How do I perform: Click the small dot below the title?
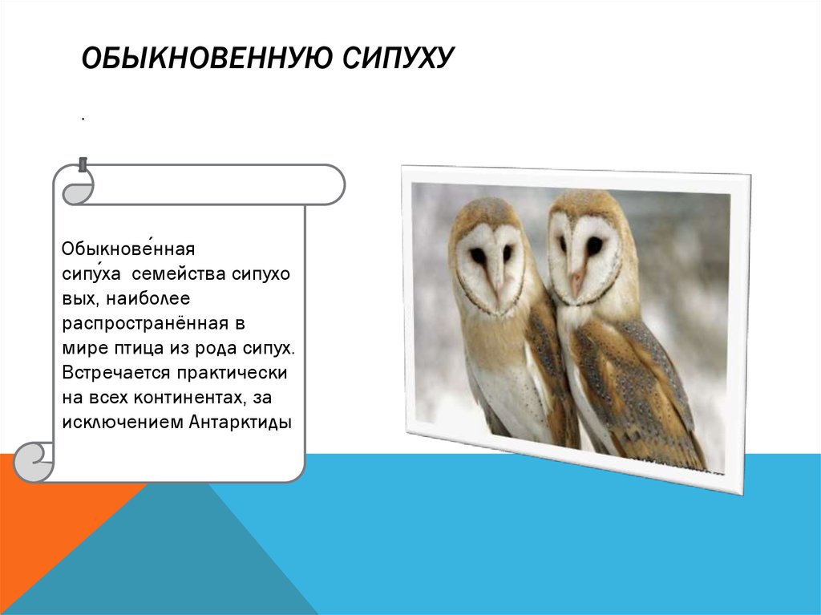83,119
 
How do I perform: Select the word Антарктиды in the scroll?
240,422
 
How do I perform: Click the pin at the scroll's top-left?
83,165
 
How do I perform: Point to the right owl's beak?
575,280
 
